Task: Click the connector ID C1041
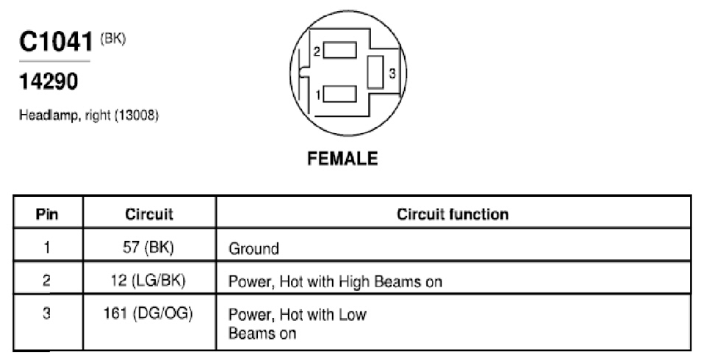(x=56, y=42)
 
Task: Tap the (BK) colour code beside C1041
(x=112, y=40)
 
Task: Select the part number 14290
(x=48, y=82)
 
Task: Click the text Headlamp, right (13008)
(x=88, y=115)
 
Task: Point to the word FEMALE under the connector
(x=342, y=159)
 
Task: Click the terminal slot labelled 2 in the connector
(x=339, y=50)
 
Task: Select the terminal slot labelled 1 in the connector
(x=339, y=93)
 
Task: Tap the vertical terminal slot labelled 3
(x=375, y=72)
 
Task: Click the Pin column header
(x=47, y=214)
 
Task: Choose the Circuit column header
(x=149, y=214)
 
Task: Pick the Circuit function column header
(x=453, y=215)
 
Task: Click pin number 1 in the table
(x=47, y=248)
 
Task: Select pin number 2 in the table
(x=47, y=281)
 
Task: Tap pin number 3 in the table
(x=47, y=313)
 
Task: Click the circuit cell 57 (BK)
(x=148, y=248)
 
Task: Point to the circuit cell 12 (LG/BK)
(x=148, y=281)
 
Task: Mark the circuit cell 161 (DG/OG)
(x=148, y=313)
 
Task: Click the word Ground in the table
(x=254, y=248)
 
